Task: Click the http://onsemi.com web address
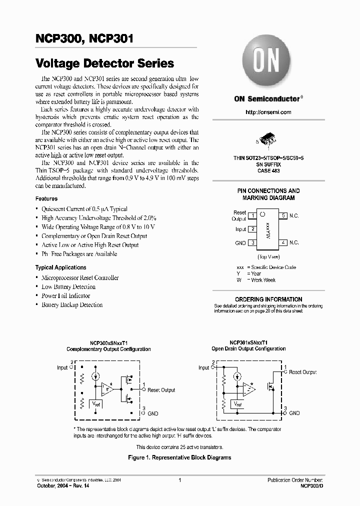point(268,112)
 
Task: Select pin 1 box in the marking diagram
point(253,215)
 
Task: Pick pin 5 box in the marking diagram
point(283,215)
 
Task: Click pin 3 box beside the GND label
point(253,242)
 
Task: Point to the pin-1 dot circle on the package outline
point(261,213)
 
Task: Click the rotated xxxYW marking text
point(268,229)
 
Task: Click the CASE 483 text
point(268,170)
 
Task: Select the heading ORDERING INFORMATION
point(268,299)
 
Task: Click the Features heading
point(46,198)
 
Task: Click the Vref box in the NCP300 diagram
point(95,403)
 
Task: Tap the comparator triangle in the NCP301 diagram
point(248,388)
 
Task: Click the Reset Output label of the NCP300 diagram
point(161,390)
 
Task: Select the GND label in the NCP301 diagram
point(294,413)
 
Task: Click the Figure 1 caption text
point(179,457)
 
